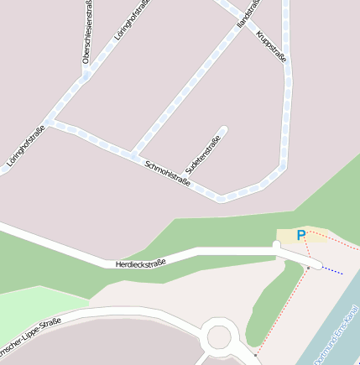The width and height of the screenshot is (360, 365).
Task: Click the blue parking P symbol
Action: (x=301, y=236)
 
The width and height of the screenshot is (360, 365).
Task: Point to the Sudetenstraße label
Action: (x=202, y=157)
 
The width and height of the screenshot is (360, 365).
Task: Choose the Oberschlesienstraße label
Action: (x=86, y=34)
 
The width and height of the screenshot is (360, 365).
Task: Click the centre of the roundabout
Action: (x=219, y=337)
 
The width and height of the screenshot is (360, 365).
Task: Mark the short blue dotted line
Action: (x=332, y=270)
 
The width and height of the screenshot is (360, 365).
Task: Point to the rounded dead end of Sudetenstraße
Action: (x=223, y=131)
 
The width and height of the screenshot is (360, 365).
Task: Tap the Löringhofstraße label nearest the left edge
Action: (x=26, y=149)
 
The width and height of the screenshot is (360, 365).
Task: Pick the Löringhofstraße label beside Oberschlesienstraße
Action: (x=132, y=21)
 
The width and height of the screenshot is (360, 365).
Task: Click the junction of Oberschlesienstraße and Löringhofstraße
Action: (x=86, y=76)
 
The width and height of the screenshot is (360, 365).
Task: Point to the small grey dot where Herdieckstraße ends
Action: (x=308, y=267)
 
